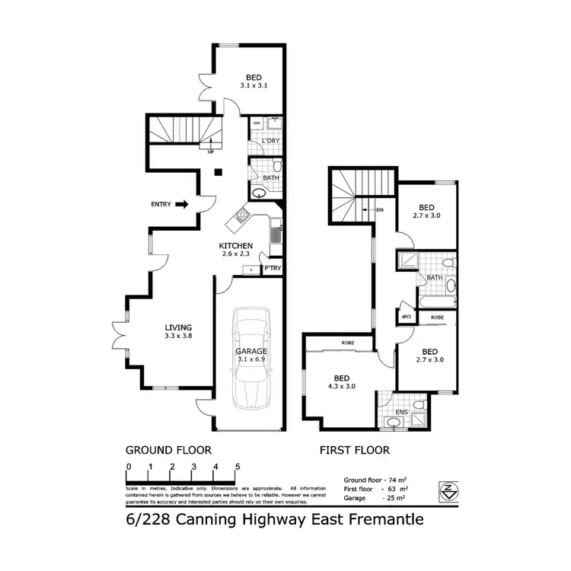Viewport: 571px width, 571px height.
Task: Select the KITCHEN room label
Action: (235, 245)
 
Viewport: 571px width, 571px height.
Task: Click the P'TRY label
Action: (271, 268)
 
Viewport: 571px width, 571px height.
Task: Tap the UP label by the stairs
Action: (210, 152)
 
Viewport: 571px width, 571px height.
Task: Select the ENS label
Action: (402, 412)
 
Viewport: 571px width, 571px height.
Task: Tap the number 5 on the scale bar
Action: (238, 467)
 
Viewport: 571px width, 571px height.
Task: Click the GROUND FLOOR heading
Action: (168, 450)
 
